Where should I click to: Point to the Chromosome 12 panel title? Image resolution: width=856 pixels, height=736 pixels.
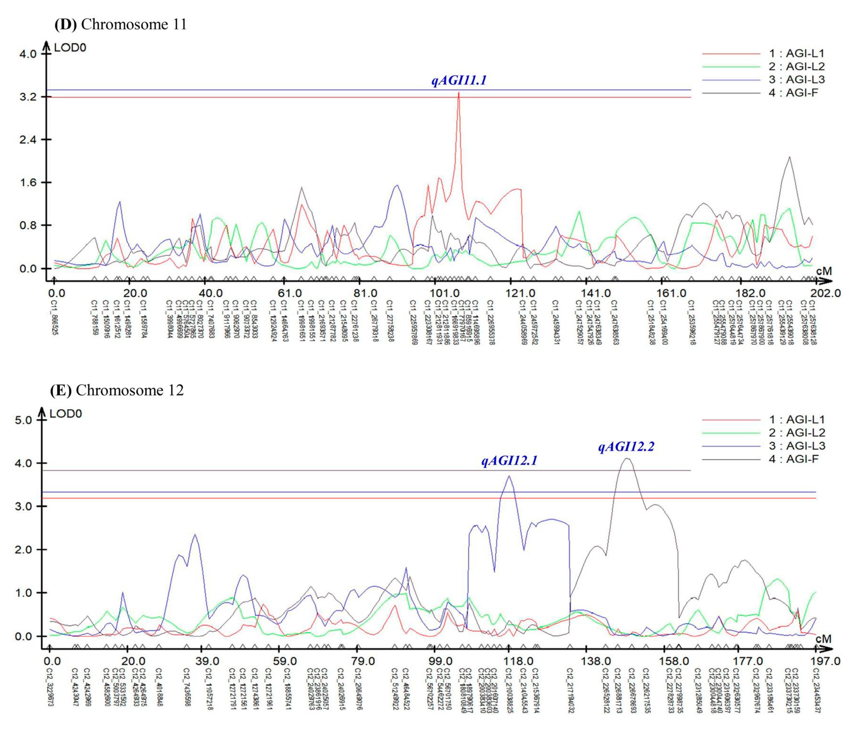[x=117, y=390]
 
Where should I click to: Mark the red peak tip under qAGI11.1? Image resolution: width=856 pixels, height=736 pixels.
[x=459, y=93]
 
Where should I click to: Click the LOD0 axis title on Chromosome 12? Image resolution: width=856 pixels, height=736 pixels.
[x=66, y=414]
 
